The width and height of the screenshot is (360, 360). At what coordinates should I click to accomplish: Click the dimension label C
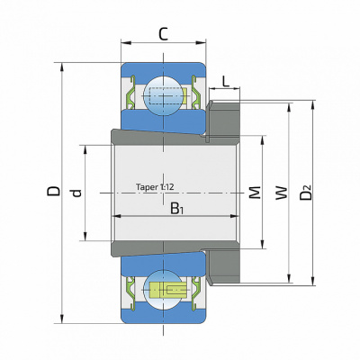[x=163, y=34]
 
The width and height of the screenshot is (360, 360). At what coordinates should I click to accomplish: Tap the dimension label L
[x=226, y=81]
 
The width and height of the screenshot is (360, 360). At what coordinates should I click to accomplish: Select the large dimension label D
[x=53, y=191]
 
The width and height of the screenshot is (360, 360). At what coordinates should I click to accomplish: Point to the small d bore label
[x=77, y=193]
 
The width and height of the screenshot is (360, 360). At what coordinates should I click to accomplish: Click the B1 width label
[x=176, y=209]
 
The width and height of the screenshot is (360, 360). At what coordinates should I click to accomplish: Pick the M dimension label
[x=255, y=193]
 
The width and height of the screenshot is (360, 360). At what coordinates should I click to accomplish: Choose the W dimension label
[x=282, y=193]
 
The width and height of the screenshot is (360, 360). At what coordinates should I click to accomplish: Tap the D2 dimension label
[x=306, y=192]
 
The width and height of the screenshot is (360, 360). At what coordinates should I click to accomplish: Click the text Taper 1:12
[x=155, y=187]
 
